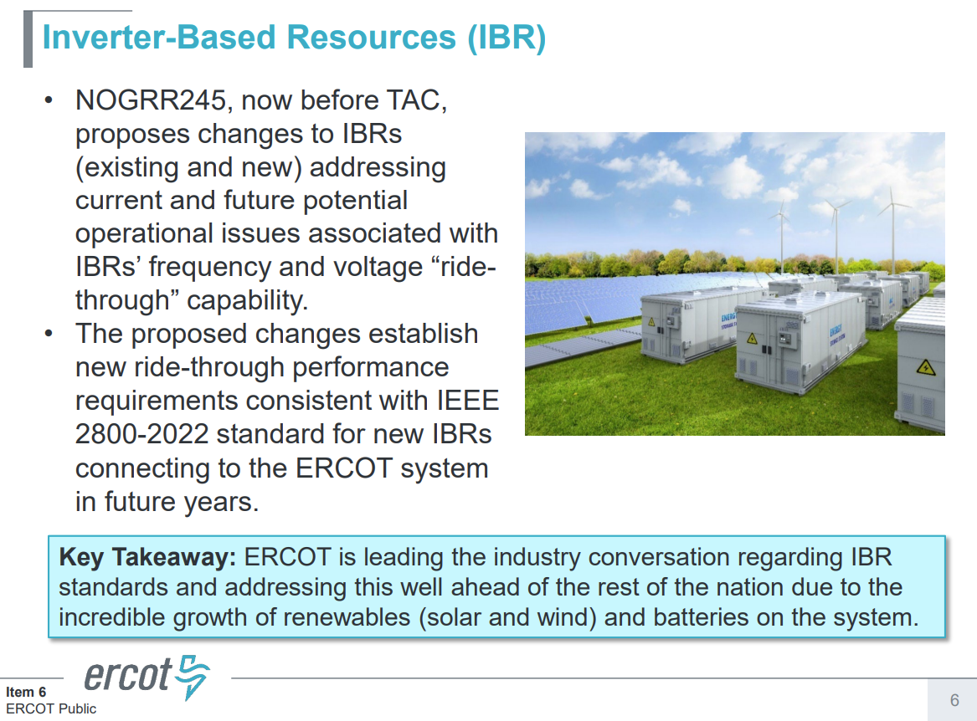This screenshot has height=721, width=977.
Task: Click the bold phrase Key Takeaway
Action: click(148, 557)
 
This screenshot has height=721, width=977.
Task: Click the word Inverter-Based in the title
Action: click(157, 38)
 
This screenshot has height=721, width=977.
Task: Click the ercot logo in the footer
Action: click(147, 677)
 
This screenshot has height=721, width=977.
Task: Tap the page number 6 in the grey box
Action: click(954, 700)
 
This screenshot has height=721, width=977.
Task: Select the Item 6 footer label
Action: click(26, 692)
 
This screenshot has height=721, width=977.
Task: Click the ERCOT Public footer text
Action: click(51, 708)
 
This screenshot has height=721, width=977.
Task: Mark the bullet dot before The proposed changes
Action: click(49, 334)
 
